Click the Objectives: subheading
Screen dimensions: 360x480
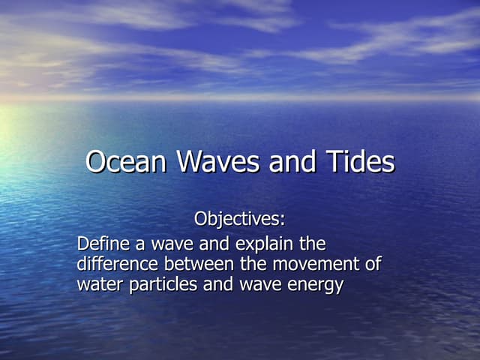tap(240, 220)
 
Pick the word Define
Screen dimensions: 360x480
tap(100, 244)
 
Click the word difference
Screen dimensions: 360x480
tap(112, 264)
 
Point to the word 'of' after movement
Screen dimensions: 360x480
tap(372, 264)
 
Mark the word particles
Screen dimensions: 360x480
tap(160, 284)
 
